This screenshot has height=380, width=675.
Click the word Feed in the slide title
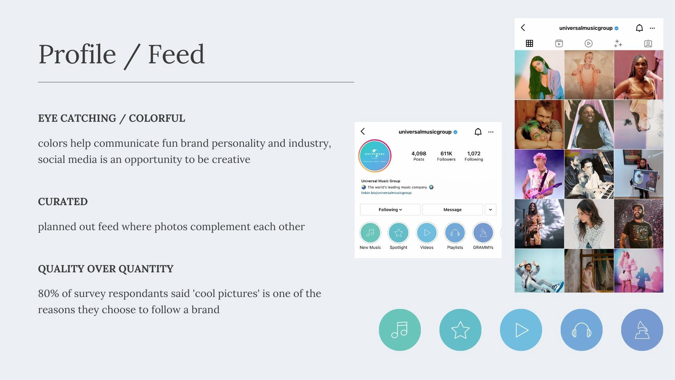click(176, 54)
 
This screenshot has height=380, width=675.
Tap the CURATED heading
click(63, 202)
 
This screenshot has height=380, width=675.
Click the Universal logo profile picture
click(375, 156)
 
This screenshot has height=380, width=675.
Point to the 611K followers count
click(446, 153)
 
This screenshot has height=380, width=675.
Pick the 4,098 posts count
click(419, 153)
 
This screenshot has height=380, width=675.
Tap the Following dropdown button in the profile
click(390, 210)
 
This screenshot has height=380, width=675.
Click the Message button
click(452, 210)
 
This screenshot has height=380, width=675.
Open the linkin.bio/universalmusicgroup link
click(386, 193)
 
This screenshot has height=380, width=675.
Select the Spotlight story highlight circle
click(399, 233)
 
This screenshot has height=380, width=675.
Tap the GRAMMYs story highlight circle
click(483, 233)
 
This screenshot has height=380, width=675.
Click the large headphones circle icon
click(581, 330)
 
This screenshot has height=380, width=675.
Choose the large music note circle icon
click(400, 330)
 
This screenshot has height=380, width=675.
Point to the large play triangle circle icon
click(521, 330)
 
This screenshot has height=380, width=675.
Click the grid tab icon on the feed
click(529, 43)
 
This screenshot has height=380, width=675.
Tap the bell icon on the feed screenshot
click(639, 28)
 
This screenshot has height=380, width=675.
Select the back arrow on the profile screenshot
click(363, 132)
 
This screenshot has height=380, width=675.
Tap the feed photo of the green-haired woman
click(539, 75)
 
